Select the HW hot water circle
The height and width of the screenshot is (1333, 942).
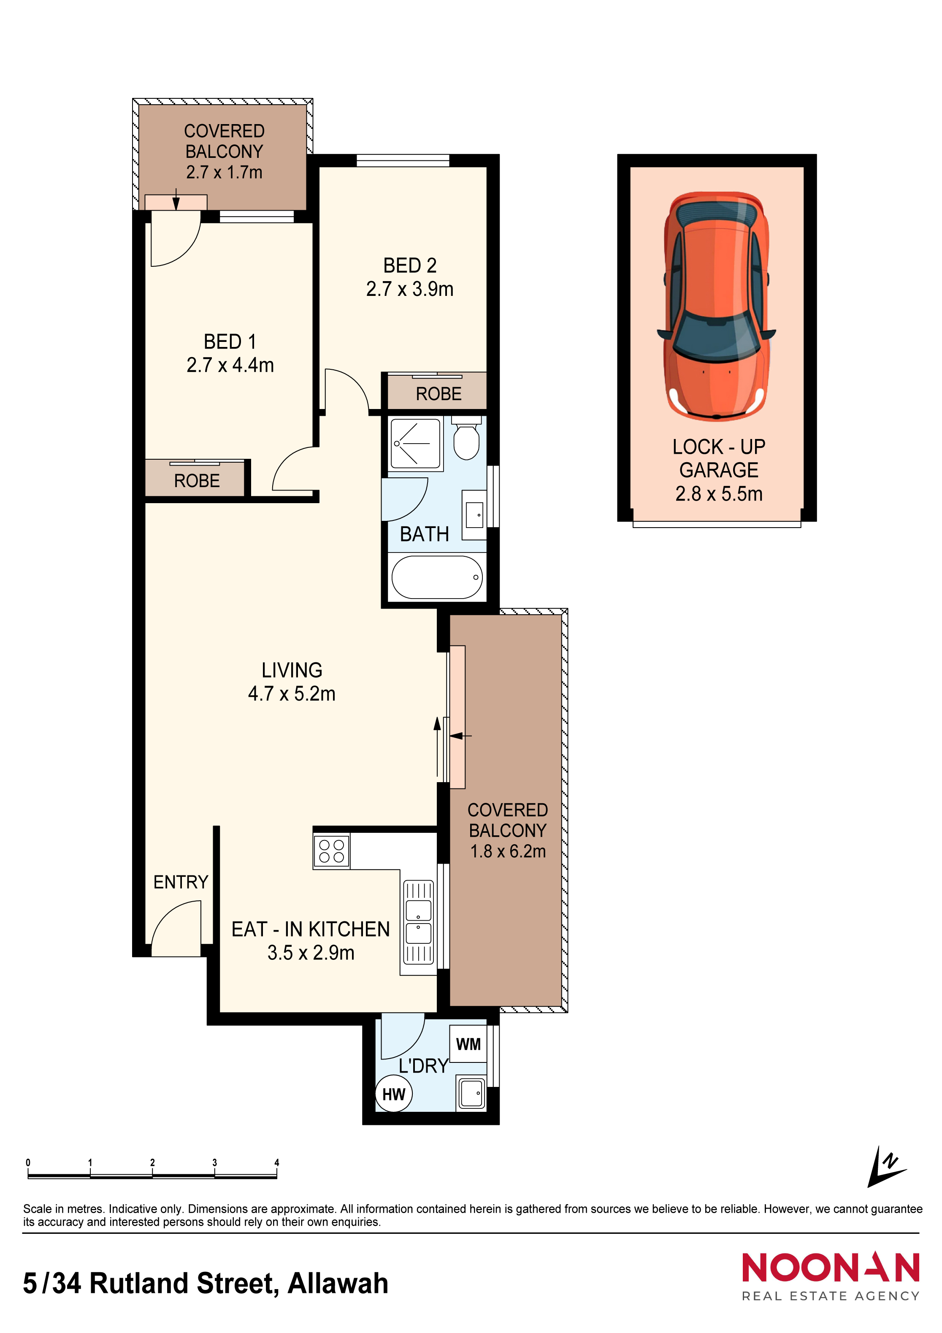(393, 1095)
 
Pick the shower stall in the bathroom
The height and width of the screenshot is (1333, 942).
(416, 444)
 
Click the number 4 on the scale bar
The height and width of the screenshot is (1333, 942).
(277, 1162)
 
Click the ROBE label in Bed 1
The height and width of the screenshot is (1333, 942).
(197, 481)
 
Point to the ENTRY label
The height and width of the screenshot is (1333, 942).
(181, 882)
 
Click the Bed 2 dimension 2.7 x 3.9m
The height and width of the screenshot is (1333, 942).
(410, 289)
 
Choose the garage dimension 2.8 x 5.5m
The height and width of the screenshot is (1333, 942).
(719, 493)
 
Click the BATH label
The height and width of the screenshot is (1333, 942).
(424, 534)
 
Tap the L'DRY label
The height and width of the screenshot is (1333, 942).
(423, 1066)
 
